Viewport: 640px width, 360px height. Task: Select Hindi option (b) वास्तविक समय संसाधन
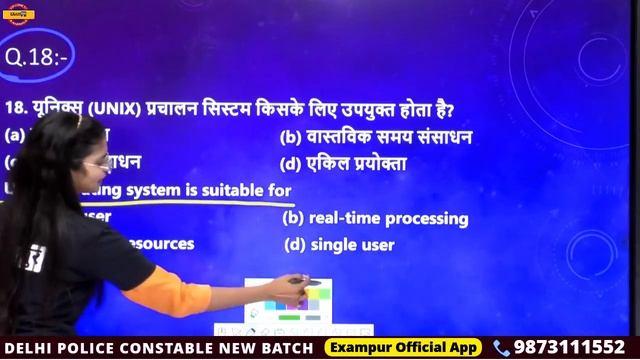(x=376, y=137)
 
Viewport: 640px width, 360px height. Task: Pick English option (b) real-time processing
(x=375, y=218)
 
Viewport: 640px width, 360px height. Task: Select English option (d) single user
(x=339, y=244)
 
